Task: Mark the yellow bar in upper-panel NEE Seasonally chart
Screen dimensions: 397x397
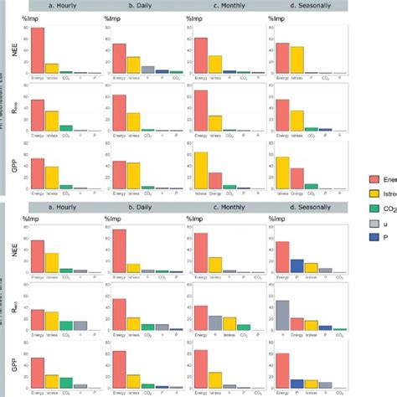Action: click(296, 60)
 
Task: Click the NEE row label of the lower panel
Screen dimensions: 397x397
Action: click(13, 247)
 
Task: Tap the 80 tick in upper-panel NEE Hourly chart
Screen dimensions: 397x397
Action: click(23, 28)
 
